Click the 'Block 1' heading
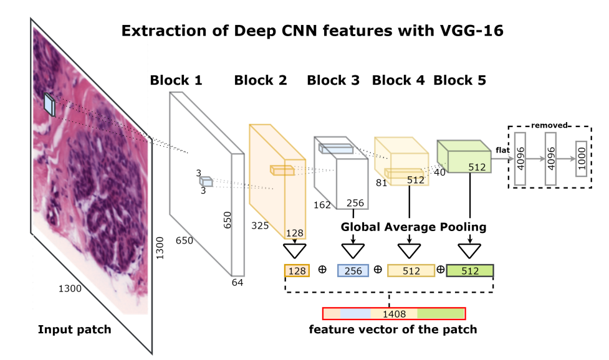[176, 80]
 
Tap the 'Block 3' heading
[333, 80]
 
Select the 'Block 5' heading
[459, 80]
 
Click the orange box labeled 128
[297, 271]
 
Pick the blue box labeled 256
[353, 271]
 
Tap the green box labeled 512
[470, 271]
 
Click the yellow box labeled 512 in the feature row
[411, 271]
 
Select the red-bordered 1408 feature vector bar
[393, 314]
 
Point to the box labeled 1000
[580, 159]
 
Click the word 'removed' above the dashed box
[549, 125]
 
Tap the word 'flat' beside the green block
[502, 149]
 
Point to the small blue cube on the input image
[49, 105]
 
